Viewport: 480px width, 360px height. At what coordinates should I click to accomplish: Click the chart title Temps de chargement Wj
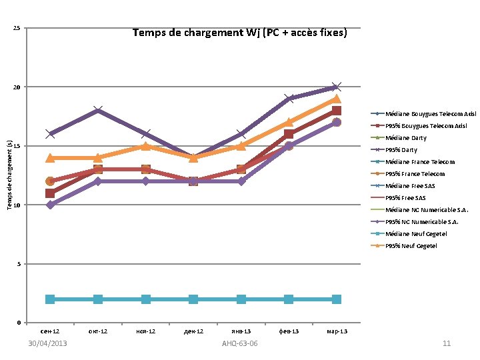pos(239,32)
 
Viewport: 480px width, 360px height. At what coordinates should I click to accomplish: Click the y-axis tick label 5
pos(18,265)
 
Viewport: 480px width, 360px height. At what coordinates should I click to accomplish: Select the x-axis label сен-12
pos(50,331)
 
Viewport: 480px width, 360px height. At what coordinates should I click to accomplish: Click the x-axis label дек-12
pos(193,331)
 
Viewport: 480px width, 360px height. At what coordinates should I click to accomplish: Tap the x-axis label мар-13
pos(337,331)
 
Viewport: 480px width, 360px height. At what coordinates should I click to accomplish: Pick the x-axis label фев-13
pos(289,331)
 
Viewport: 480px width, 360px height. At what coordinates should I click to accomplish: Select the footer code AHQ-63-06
pos(240,343)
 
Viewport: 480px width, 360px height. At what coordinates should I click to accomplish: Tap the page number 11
pos(447,343)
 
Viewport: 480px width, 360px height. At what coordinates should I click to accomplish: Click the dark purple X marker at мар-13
pos(337,87)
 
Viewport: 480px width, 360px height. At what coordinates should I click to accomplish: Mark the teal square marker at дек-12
pos(193,299)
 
